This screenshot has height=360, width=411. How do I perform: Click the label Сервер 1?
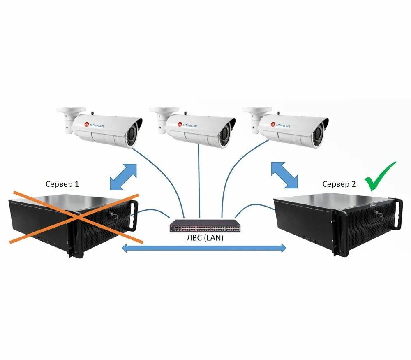pyautogui.click(x=62, y=184)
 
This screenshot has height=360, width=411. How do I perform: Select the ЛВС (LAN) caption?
pyautogui.click(x=204, y=237)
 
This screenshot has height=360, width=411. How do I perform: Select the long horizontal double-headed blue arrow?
pyautogui.click(x=204, y=248)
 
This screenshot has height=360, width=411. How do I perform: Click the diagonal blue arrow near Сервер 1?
pyautogui.click(x=124, y=177)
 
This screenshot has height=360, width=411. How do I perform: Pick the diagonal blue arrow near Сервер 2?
pyautogui.click(x=284, y=175)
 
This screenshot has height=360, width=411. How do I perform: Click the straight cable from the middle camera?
pyautogui.click(x=199, y=181)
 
